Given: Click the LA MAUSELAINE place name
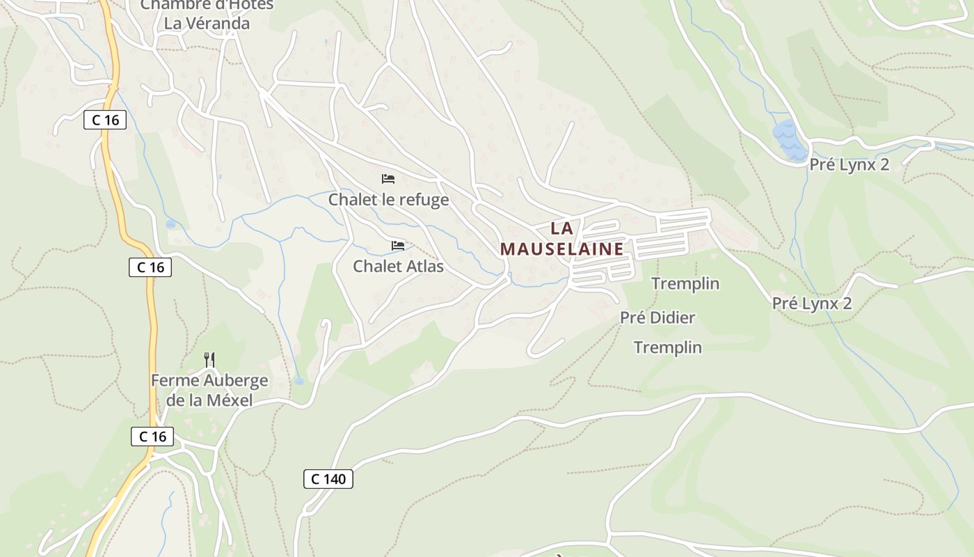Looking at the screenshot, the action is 561,238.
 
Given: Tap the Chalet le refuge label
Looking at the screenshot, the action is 388,201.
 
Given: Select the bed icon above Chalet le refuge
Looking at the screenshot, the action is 388,180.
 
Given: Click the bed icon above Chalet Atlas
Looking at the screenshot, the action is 398,246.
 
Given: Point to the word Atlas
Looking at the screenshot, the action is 424,267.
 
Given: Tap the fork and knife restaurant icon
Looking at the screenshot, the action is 209,360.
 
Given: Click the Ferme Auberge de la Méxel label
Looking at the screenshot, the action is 209,391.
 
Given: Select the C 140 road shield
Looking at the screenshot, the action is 328,479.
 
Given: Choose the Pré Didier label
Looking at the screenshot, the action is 657,318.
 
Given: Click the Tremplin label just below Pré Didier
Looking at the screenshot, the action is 668,347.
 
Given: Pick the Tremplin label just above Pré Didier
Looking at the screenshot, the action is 685,284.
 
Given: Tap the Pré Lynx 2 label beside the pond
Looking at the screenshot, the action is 849,165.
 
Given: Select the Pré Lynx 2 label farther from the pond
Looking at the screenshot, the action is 812,304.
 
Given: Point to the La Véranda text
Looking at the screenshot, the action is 207,23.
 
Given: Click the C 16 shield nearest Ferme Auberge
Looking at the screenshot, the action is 152,437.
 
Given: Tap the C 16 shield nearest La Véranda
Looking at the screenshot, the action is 105,120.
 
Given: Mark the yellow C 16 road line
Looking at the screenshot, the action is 151,334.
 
